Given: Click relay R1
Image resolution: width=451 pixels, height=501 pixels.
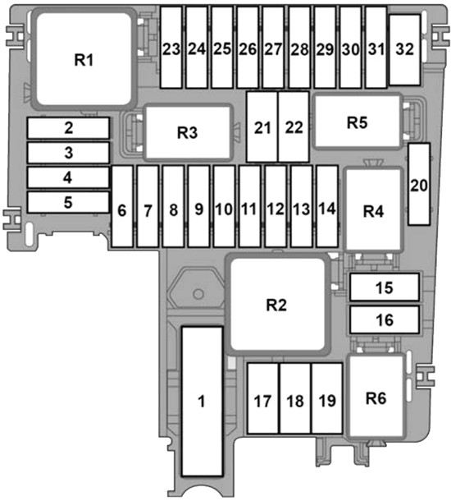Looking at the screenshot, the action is click(x=84, y=59).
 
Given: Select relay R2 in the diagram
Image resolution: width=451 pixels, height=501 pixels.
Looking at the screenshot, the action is click(x=277, y=304).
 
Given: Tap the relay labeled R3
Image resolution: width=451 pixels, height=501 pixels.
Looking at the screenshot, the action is click(x=188, y=132).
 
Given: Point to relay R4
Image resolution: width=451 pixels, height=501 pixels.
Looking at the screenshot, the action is click(x=373, y=210).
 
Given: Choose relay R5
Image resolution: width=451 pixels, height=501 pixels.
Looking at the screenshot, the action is click(x=358, y=122).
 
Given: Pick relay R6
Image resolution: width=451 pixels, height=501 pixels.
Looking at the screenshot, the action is click(x=376, y=397).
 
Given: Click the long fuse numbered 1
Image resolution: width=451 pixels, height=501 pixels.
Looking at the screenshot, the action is click(x=202, y=402).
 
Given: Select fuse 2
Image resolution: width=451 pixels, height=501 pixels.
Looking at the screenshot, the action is click(x=69, y=128).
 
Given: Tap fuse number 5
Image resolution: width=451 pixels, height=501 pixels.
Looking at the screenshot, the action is click(x=69, y=202).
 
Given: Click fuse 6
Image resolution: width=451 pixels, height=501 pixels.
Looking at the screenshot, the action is click(x=122, y=206).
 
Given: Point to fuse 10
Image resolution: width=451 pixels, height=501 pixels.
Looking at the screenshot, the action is click(x=225, y=206).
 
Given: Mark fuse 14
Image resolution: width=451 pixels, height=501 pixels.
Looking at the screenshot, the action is click(x=327, y=206).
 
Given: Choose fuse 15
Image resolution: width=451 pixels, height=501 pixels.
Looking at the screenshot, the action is click(x=385, y=287).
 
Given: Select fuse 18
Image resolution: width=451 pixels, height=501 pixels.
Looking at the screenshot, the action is click(x=295, y=398).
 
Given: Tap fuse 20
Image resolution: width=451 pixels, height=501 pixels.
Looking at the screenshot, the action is click(x=419, y=184).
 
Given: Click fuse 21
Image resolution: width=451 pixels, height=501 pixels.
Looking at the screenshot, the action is click(x=262, y=126).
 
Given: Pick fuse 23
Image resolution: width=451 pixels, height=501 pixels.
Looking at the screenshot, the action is click(x=171, y=48).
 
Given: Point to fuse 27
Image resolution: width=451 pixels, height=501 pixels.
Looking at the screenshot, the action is click(x=274, y=48).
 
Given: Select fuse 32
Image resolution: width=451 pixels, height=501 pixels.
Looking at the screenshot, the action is click(x=405, y=50).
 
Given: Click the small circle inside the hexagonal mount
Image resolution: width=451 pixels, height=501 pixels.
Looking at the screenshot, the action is click(x=198, y=294).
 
